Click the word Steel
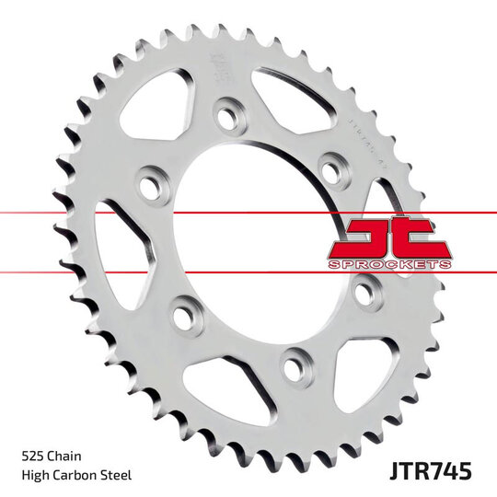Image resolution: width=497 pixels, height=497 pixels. pyautogui.click(x=120, y=475)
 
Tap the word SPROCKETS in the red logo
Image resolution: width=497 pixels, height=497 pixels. pyautogui.click(x=389, y=264)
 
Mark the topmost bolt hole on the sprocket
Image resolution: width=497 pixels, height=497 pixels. pyautogui.click(x=223, y=118)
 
